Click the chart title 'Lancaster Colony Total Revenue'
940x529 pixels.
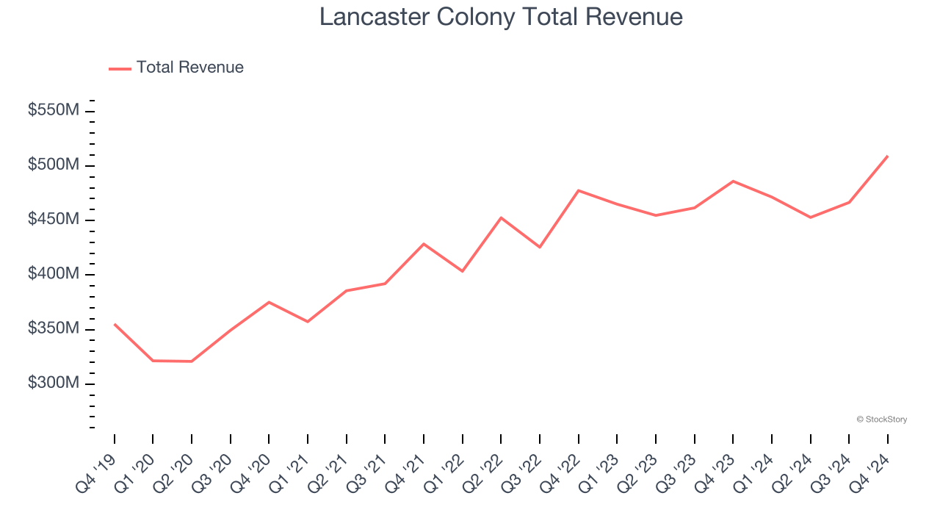click(x=501, y=17)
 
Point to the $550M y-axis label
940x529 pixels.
click(x=54, y=110)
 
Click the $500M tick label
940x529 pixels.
click(x=54, y=165)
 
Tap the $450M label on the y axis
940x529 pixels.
click(x=54, y=220)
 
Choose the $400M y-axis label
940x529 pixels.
click(x=54, y=274)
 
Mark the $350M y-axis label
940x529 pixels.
click(x=54, y=328)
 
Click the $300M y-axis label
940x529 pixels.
click(x=54, y=384)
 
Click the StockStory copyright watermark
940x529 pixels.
click(x=881, y=420)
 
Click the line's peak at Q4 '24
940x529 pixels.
click(x=887, y=156)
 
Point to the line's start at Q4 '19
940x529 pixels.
click(x=115, y=324)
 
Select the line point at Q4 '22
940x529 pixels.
click(x=579, y=190)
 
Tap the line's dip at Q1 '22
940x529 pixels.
click(x=463, y=271)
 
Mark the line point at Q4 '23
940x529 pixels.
click(x=733, y=181)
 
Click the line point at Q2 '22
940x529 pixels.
click(x=501, y=217)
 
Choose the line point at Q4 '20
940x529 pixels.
click(x=269, y=302)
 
